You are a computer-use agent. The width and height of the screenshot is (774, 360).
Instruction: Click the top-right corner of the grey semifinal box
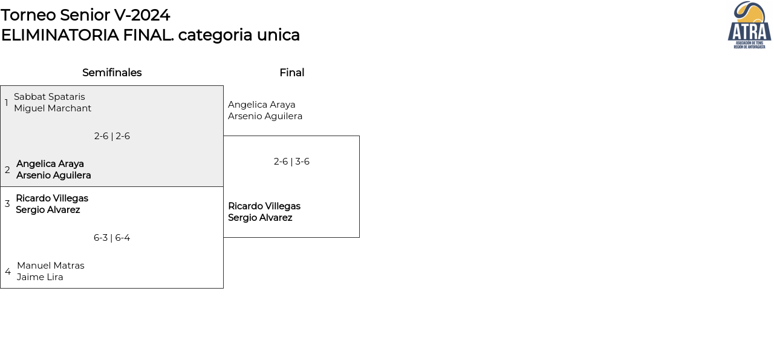point(223,86)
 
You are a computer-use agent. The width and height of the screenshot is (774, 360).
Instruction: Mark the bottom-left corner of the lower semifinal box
point(1,288)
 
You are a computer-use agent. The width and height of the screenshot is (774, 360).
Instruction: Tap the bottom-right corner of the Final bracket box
point(359,237)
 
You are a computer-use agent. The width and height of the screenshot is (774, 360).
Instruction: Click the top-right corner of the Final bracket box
point(359,136)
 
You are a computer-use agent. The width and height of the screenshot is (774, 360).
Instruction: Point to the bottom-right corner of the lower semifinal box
point(223,288)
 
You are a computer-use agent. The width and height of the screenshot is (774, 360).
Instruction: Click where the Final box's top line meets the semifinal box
point(223,136)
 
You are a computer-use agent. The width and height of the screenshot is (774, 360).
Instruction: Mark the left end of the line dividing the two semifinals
point(1,187)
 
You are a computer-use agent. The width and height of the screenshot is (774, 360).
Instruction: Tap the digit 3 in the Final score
point(298,162)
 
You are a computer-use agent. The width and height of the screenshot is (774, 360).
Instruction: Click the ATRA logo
point(749,25)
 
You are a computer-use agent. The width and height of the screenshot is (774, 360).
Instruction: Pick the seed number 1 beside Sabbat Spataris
point(6,103)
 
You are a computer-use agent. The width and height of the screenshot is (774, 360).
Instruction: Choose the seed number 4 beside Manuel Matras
point(8,272)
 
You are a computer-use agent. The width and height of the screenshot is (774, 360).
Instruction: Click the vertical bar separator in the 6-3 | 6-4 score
point(111,238)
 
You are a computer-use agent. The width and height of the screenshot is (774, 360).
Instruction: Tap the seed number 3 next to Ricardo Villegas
point(7,204)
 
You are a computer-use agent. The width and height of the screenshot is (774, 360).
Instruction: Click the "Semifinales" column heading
point(112,73)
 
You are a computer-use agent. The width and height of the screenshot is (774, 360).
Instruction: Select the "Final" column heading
point(292,73)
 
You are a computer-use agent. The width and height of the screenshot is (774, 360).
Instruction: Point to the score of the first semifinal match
point(112,136)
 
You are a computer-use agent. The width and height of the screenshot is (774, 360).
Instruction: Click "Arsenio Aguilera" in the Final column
point(265,116)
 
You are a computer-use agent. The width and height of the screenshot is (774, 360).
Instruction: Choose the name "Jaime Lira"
point(40,277)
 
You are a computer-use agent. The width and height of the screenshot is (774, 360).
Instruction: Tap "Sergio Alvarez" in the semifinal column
point(48,210)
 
